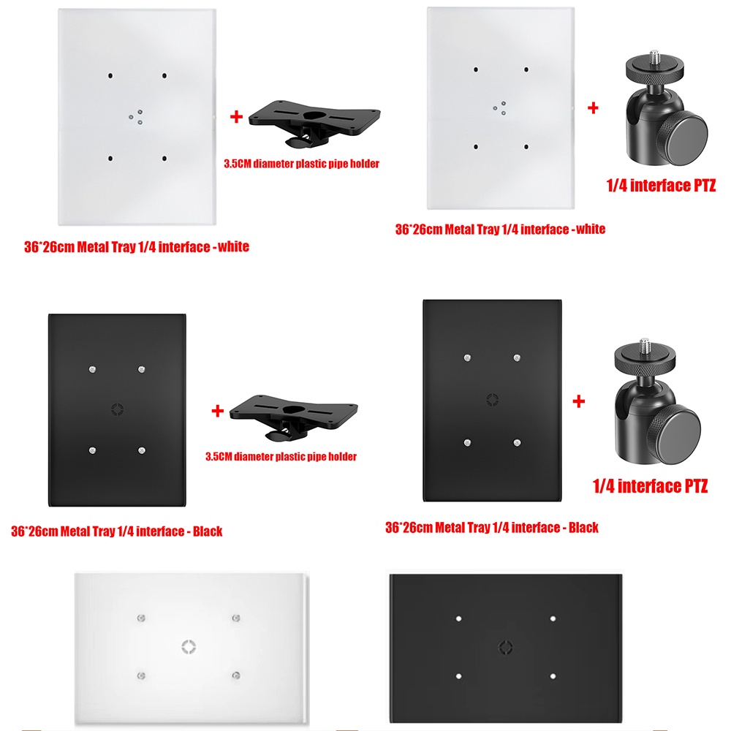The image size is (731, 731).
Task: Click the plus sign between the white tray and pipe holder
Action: pyautogui.click(x=236, y=116)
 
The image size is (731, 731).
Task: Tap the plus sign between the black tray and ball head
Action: pyautogui.click(x=578, y=401)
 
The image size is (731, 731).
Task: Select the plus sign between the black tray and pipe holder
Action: pyautogui.click(x=217, y=411)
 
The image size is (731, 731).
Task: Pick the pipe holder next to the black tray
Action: pyautogui.click(x=294, y=416)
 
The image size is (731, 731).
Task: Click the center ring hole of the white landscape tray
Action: pyautogui.click(x=189, y=647)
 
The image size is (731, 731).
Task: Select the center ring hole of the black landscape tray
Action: pyautogui.click(x=505, y=647)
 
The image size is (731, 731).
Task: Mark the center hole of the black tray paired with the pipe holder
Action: pyautogui.click(x=117, y=409)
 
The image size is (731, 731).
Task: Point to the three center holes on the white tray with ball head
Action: pyautogui.click(x=500, y=108)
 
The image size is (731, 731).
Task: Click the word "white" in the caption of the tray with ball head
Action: pyautogui.click(x=591, y=229)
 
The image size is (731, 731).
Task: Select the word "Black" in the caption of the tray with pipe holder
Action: pyautogui.click(x=208, y=531)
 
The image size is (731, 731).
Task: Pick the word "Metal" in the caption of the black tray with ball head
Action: pyautogui.click(x=450, y=527)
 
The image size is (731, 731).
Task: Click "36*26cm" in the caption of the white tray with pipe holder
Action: pyautogui.click(x=49, y=246)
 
